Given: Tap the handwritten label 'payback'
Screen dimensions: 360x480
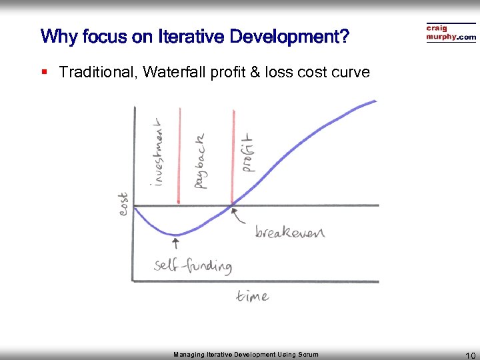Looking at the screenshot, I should pyautogui.click(x=200, y=160).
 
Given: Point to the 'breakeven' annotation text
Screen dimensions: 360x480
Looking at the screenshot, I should pyautogui.click(x=289, y=232).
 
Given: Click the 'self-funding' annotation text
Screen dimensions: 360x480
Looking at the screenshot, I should pyautogui.click(x=193, y=265).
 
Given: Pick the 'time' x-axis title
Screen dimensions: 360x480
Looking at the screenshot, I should pyautogui.click(x=252, y=296).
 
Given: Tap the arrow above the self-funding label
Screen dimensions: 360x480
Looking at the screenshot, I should pyautogui.click(x=175, y=243).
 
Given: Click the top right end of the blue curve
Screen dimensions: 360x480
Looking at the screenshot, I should pyautogui.click(x=375, y=101).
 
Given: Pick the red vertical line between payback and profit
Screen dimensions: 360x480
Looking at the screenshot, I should pyautogui.click(x=233, y=157).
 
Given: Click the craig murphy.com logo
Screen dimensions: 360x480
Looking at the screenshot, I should pyautogui.click(x=451, y=33).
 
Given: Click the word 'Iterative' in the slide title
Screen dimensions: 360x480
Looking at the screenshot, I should pyautogui.click(x=192, y=37).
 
